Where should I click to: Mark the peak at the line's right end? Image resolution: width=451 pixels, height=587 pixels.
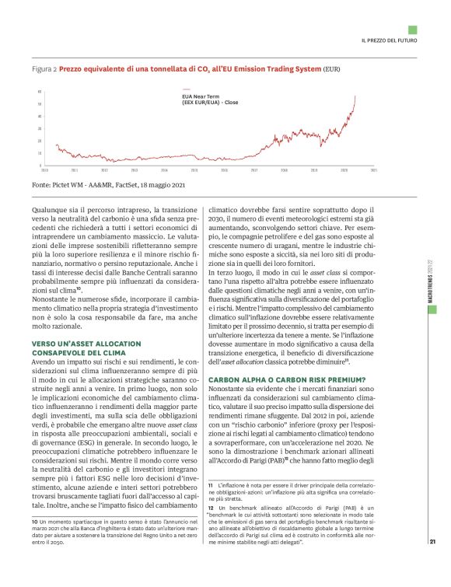coord(355,97)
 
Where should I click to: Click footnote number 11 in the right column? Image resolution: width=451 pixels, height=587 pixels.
coord(211,484)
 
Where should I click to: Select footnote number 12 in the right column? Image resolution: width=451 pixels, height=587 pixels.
coord(211,507)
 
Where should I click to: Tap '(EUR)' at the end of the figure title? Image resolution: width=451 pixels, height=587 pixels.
coord(331,69)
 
